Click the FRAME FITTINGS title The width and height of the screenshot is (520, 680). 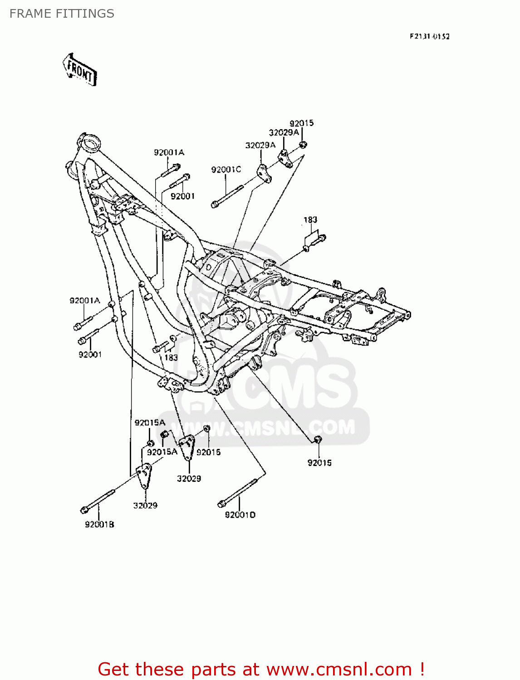[62, 14]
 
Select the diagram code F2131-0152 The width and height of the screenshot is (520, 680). [429, 36]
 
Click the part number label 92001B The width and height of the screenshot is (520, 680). [99, 525]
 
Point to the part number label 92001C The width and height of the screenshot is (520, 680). [226, 170]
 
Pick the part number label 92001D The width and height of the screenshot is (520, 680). [240, 515]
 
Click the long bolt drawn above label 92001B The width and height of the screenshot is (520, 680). [99, 501]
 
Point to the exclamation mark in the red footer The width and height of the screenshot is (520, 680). [422, 669]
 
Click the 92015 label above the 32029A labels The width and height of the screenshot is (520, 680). [301, 123]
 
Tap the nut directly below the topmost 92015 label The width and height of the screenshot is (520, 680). [303, 145]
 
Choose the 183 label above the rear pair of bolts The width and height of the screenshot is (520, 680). [310, 220]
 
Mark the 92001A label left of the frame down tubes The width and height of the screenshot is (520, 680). [84, 301]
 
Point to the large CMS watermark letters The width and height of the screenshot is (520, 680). [290, 385]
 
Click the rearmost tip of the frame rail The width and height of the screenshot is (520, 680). [408, 314]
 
